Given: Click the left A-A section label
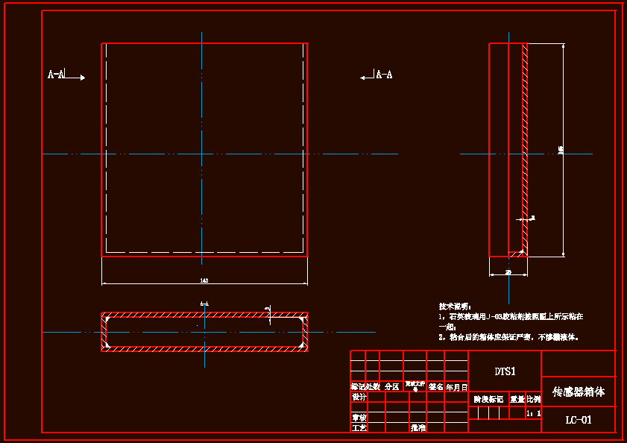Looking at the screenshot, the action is pos(55,75).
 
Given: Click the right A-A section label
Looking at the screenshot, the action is pos(384,75).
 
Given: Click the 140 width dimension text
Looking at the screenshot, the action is pos(204,280).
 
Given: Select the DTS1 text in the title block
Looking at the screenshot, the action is pos(505,371).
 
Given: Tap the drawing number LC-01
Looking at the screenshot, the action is pos(578,420).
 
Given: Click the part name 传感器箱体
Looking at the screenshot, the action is pos(578,391).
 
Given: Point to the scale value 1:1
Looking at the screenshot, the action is pos(533,412).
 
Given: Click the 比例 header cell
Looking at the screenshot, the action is pos(534,399).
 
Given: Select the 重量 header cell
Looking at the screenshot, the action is pos(517,399).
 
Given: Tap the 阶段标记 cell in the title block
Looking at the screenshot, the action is pos(488,399).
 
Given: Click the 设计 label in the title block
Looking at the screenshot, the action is pos(359,397).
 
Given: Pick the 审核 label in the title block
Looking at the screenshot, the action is pos(359,418).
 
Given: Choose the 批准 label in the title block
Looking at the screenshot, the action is pos(418,428).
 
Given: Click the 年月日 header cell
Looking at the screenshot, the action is pos(456,387).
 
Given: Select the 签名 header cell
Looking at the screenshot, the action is pos(436,387).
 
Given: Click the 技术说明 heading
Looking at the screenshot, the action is pos(455,307).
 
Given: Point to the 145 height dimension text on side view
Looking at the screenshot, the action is pos(561,150).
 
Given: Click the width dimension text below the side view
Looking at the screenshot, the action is pos(508,274).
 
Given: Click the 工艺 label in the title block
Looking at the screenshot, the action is pos(359,428).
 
